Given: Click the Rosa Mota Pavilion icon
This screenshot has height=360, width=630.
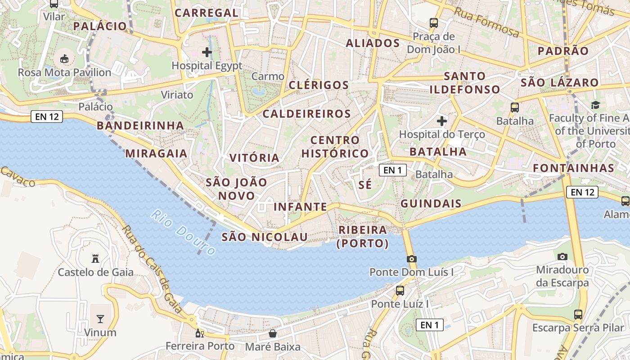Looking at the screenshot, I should click(x=64, y=58).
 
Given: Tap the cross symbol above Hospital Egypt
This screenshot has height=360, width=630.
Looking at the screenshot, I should click(x=207, y=52).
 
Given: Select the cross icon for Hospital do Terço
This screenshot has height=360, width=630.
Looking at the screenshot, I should click(x=442, y=121).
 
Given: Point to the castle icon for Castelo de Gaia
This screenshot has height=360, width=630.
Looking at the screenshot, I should click(x=95, y=259).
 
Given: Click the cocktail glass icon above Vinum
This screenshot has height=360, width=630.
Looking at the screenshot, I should click(x=100, y=319).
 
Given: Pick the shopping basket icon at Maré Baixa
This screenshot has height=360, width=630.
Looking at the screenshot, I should click(x=273, y=333).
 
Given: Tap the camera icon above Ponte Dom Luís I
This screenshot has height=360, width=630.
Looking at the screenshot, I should click(x=411, y=259).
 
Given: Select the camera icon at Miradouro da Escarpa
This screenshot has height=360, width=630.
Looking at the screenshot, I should click(x=562, y=256).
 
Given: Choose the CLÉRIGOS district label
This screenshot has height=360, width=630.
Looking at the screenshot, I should click(x=319, y=85).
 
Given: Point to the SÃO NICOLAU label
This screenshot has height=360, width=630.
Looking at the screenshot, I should click(x=265, y=237).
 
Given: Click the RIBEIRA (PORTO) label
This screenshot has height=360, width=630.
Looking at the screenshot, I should click(x=363, y=237).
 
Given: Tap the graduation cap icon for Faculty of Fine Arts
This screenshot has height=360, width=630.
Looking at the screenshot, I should click(x=595, y=105).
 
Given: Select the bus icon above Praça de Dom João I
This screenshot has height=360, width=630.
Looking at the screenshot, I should click(x=434, y=22).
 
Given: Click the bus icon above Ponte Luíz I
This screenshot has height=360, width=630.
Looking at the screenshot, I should click(x=400, y=290).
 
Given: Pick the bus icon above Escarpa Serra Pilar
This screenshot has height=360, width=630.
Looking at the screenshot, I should click(x=578, y=315).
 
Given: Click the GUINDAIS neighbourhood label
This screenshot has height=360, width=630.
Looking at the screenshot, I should click(x=431, y=203).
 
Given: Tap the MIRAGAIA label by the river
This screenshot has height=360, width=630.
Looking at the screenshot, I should click(x=156, y=153).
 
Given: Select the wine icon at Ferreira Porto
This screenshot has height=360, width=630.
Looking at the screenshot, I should click(x=199, y=333).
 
